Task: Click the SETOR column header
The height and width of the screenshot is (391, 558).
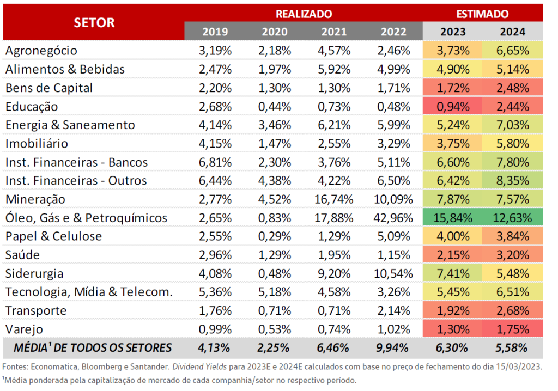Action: (x=94, y=22)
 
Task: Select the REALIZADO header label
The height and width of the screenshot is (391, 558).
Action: (x=304, y=14)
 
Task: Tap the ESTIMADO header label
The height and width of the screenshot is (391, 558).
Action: (x=482, y=14)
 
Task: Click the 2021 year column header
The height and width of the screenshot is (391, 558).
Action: (x=334, y=31)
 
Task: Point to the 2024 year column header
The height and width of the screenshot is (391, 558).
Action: (x=513, y=31)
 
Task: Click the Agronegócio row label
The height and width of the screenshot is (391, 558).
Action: (x=41, y=51)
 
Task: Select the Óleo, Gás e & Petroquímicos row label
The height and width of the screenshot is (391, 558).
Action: (x=86, y=218)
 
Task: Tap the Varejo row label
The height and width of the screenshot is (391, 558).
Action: (x=24, y=329)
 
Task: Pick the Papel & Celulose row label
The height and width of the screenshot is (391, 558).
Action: (x=53, y=236)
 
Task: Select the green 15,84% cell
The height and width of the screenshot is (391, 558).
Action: (x=452, y=218)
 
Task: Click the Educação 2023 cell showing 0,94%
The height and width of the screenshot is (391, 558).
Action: (x=452, y=106)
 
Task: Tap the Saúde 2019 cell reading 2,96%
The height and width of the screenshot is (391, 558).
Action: (x=215, y=255)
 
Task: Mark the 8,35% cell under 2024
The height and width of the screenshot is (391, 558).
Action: (x=512, y=181)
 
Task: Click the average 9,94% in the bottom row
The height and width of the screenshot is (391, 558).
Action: (x=393, y=347)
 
